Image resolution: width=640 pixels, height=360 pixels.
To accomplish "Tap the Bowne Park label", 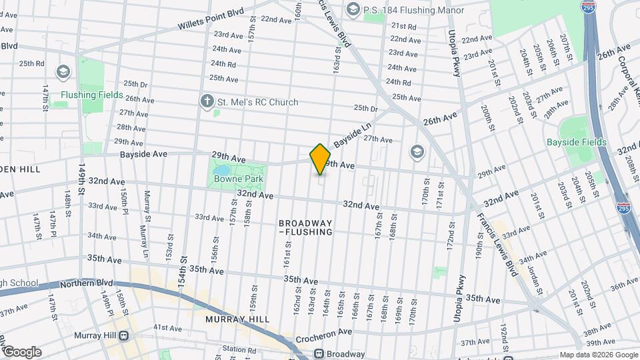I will (x=238, y=179).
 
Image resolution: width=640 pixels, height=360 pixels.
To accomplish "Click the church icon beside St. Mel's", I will (x=207, y=102).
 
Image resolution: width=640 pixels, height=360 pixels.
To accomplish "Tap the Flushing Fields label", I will (x=92, y=95).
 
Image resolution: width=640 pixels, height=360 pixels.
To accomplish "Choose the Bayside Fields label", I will (x=577, y=142).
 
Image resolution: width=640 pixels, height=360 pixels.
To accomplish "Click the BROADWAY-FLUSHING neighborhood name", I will (x=305, y=227).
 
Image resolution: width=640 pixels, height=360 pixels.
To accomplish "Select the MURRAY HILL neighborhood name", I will (x=237, y=319).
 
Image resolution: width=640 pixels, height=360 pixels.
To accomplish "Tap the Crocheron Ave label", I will (x=324, y=332).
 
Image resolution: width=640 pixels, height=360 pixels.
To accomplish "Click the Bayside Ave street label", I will (x=143, y=154).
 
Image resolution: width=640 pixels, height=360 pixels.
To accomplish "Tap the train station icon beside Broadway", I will (x=319, y=353).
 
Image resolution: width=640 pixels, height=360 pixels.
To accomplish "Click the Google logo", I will (x=22, y=352).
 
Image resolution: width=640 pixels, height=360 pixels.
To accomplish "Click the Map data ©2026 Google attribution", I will (x=597, y=355).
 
